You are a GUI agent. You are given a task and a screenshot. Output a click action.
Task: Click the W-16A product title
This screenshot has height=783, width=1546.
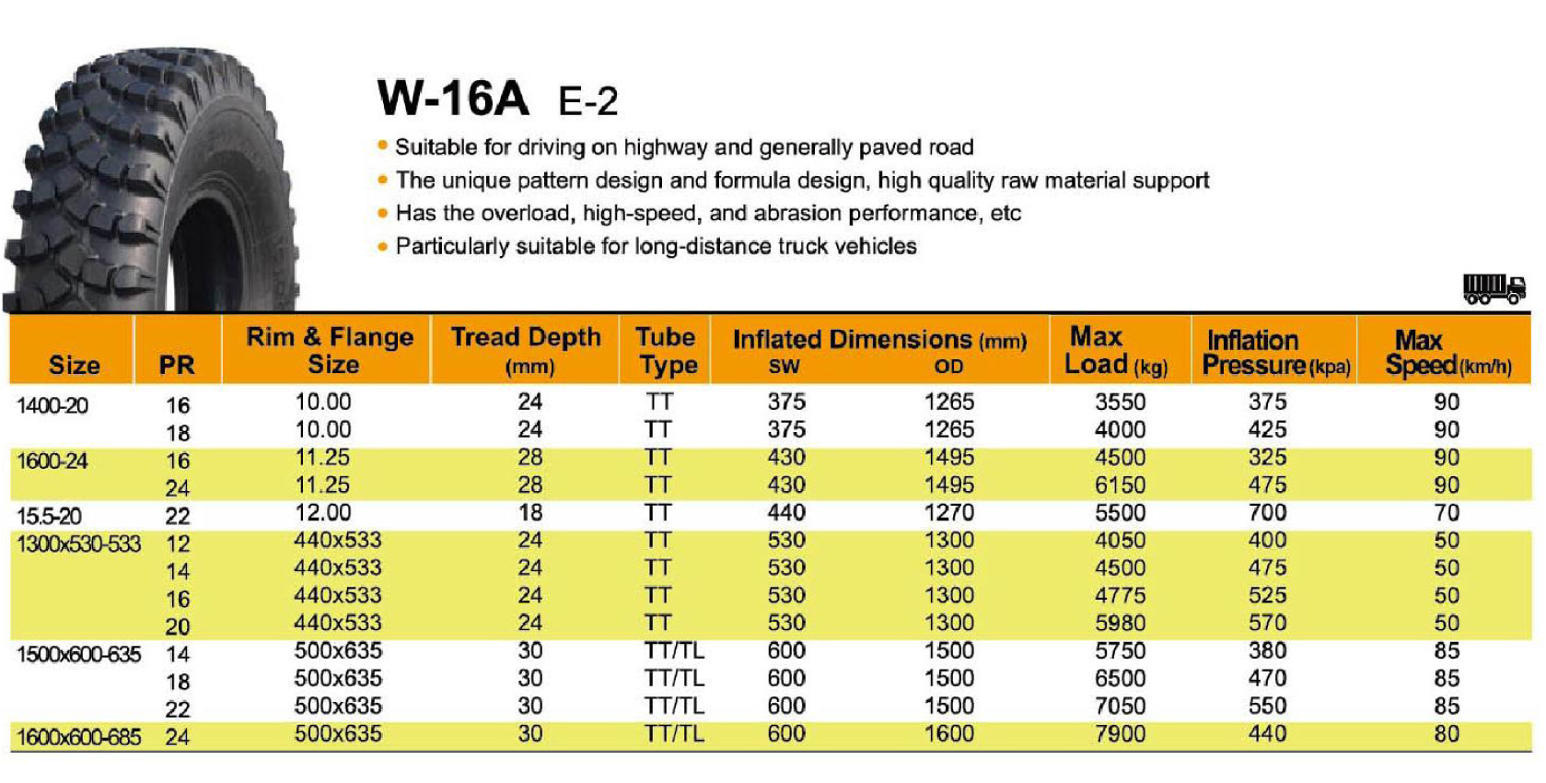point(453,98)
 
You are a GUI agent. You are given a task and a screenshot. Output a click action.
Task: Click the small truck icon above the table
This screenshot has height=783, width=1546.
point(1494,289)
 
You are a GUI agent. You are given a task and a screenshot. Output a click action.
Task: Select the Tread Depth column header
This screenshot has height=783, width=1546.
point(526,350)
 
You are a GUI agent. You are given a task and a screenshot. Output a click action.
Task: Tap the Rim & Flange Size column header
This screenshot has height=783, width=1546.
point(330,350)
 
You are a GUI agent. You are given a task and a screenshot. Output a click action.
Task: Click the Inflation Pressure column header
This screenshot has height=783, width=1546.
point(1275,352)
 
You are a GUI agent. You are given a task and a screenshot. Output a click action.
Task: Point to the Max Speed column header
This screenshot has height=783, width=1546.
point(1447,352)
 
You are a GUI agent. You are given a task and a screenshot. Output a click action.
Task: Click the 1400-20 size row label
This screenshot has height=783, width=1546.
point(52,405)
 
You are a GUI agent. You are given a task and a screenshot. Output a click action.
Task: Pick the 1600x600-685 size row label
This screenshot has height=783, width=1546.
point(79,737)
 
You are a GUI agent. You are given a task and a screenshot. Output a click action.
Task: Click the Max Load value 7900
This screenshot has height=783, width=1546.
point(1120,734)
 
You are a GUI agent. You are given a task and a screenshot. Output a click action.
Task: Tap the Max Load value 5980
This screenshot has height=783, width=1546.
point(1120,624)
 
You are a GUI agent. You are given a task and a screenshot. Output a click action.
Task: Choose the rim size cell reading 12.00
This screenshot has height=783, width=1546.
point(322,513)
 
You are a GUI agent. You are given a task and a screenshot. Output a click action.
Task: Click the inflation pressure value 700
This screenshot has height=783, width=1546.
point(1267,513)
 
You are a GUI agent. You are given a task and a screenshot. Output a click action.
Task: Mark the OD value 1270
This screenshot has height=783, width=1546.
point(948,513)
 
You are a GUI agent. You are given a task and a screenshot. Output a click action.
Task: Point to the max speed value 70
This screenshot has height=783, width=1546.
point(1446,513)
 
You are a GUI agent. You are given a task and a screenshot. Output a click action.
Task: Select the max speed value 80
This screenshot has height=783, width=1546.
point(1446,734)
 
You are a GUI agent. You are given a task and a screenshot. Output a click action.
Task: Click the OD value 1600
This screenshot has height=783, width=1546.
point(948,734)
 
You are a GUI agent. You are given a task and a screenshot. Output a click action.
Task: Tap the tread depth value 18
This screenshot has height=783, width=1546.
point(529,513)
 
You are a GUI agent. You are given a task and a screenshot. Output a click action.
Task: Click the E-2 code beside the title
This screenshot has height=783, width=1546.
point(587,101)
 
